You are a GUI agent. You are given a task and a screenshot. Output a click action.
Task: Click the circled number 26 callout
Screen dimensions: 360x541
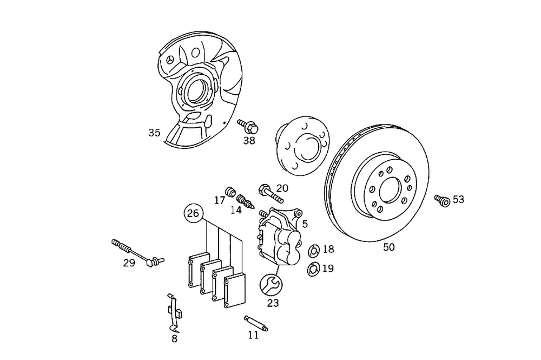(193, 213)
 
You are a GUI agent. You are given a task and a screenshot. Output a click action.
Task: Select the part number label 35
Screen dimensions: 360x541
(154, 133)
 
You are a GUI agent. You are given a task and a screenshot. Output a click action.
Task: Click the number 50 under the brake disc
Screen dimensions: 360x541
(389, 247)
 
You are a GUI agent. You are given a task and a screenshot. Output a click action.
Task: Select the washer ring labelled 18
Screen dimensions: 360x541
(313, 251)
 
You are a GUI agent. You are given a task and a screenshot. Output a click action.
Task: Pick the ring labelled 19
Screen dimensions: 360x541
(312, 268)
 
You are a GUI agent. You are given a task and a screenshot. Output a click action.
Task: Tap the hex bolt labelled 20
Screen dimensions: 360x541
(268, 192)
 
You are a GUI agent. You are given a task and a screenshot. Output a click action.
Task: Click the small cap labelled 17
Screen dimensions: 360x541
(230, 191)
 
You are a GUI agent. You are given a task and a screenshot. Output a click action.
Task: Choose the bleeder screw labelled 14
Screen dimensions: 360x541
(245, 200)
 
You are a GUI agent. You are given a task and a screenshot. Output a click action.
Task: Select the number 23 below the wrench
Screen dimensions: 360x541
(273, 303)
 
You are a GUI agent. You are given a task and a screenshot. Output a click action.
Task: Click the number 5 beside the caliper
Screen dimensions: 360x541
(305, 224)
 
